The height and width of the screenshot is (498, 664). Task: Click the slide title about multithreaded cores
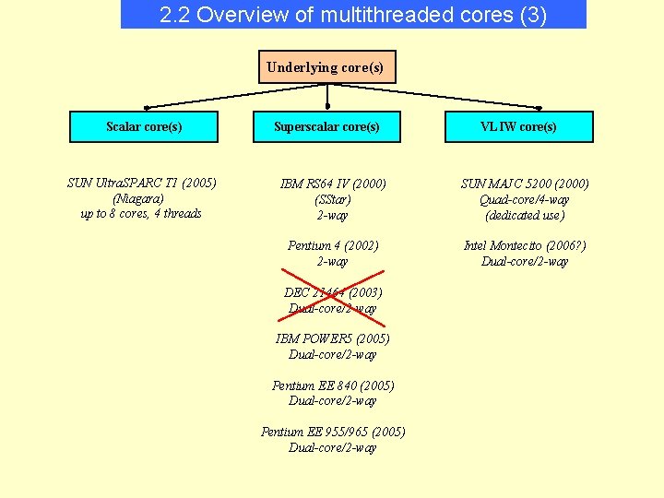[353, 15]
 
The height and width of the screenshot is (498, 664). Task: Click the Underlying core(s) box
[326, 67]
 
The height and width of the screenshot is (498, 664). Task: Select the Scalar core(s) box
[144, 126]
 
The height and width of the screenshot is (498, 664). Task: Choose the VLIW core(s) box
[519, 126]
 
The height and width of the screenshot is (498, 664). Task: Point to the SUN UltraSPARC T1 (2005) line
[142, 183]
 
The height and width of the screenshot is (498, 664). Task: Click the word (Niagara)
[138, 198]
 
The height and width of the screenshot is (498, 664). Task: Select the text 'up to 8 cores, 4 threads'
[141, 214]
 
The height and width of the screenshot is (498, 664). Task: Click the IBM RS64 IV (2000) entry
[332, 184]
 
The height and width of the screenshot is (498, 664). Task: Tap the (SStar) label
[332, 199]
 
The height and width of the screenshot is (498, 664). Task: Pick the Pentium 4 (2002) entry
[333, 245]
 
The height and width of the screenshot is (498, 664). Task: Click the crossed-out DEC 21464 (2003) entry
[333, 292]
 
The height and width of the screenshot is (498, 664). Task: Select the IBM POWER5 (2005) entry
[333, 338]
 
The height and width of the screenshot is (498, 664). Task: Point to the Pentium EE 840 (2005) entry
[333, 385]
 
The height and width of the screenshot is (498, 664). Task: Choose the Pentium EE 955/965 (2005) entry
[333, 432]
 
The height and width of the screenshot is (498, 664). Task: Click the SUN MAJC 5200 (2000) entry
[525, 184]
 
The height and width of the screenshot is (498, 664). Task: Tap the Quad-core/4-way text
[525, 199]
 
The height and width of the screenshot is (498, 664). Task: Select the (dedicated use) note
[525, 215]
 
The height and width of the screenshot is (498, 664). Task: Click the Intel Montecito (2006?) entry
[525, 245]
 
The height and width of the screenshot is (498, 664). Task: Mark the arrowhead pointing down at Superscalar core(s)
[327, 105]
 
